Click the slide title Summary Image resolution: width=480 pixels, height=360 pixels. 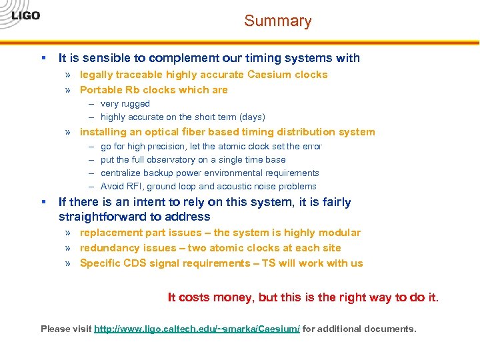tap(277, 21)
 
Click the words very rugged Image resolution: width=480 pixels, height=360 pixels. tap(125, 104)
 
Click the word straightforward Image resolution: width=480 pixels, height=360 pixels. tap(101, 217)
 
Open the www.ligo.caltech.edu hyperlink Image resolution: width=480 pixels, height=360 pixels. tap(197, 329)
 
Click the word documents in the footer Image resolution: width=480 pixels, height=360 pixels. tap(391, 329)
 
